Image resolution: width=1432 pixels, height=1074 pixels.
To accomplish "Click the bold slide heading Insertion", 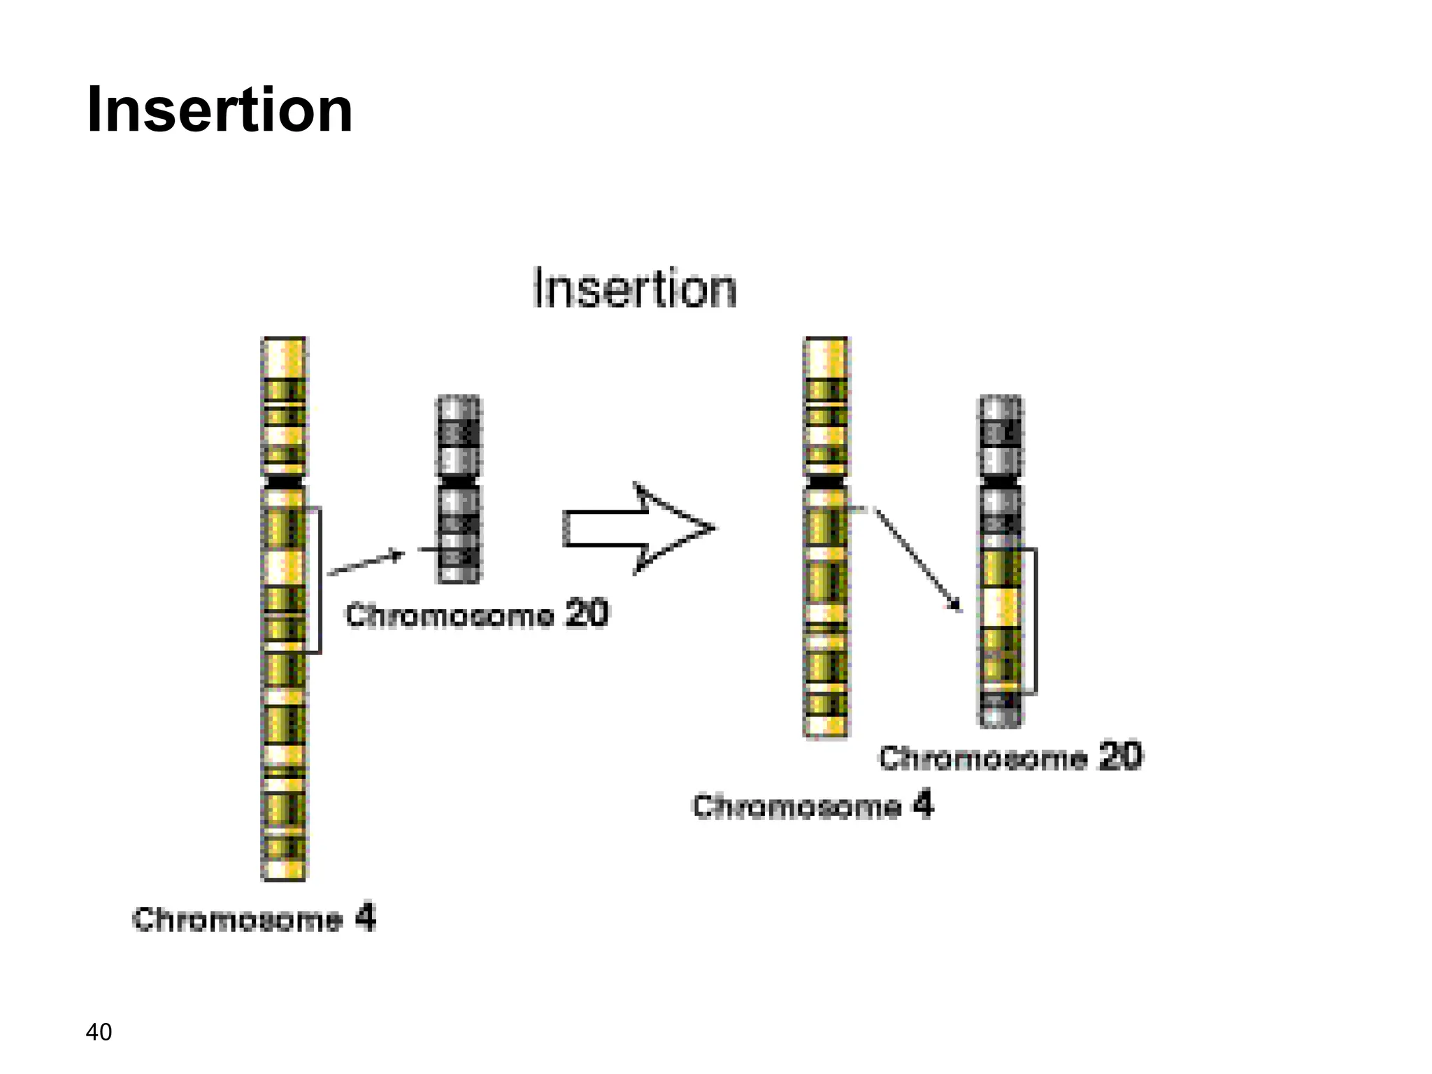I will (220, 110).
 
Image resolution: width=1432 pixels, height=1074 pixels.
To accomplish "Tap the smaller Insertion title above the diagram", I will (634, 288).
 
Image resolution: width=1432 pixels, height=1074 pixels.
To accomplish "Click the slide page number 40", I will (99, 1032).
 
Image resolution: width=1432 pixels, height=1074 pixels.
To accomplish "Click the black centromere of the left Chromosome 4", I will (284, 482).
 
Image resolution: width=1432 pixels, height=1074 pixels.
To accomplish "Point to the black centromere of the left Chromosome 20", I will (459, 482).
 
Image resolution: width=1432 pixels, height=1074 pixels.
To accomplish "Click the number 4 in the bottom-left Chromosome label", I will (365, 918).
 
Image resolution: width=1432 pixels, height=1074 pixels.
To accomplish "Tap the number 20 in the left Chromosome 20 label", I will (587, 614).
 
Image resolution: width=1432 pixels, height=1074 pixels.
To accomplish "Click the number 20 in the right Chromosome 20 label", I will (1120, 757).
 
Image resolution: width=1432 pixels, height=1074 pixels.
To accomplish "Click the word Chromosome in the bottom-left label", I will (238, 919).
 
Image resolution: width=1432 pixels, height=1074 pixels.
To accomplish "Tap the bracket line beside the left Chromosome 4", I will (320, 580).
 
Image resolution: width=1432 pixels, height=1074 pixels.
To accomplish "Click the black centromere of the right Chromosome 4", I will (826, 482).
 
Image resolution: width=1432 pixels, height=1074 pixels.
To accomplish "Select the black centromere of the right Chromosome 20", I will (1000, 482).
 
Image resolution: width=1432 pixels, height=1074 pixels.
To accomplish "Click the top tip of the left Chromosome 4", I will (284, 341).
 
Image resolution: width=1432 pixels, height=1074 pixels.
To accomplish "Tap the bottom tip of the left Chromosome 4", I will (284, 876).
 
